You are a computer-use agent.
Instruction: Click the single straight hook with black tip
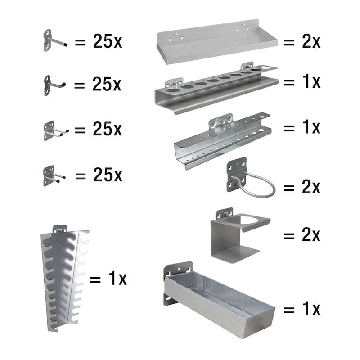coord(55,41)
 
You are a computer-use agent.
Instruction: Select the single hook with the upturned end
coord(54,85)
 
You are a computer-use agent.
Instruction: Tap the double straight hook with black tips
coord(54,175)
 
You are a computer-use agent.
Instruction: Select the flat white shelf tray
coord(217,41)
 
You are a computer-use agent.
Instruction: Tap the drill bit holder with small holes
coord(222,141)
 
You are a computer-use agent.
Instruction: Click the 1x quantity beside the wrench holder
coord(117,278)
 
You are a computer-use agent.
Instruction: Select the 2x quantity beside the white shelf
coord(311,42)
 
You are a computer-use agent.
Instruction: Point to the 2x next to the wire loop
coord(311,187)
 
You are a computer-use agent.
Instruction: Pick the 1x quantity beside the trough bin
coord(311,309)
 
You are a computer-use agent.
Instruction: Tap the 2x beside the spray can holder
coord(311,235)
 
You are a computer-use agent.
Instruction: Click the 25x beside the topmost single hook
coord(108,41)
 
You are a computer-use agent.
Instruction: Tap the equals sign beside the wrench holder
coord(95,279)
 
